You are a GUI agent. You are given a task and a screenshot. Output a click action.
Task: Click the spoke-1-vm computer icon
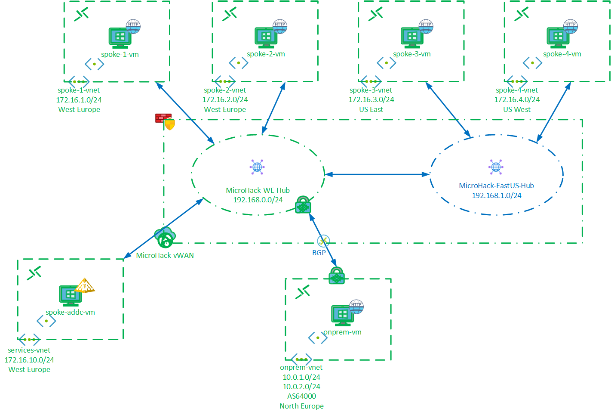tap(120, 38)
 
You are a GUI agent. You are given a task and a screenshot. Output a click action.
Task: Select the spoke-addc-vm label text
tap(71, 313)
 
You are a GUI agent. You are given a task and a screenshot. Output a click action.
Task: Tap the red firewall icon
tap(163, 118)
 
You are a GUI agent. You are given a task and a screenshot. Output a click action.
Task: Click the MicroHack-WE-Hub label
tap(258, 190)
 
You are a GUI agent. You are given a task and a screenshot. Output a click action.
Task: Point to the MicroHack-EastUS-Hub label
tap(496, 186)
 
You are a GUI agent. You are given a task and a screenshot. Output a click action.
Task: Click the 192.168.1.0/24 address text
tap(496, 196)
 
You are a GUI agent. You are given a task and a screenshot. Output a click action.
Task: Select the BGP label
tap(319, 253)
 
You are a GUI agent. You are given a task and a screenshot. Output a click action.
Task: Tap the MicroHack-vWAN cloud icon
tap(165, 237)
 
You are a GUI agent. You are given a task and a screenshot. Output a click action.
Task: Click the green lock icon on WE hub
tap(303, 205)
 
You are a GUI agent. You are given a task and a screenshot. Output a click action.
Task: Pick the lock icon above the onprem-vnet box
tap(336, 276)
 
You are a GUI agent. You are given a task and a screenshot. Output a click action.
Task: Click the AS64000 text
tap(301, 396)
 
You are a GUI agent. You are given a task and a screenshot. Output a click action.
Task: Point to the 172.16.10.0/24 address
tap(29, 360)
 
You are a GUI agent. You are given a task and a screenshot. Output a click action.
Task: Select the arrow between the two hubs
tap(377, 174)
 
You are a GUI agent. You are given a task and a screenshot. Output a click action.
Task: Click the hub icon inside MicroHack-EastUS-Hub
tap(496, 167)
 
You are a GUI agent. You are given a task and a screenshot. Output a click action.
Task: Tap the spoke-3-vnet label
tap(371, 90)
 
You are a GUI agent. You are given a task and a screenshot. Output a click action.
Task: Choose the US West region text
tap(516, 110)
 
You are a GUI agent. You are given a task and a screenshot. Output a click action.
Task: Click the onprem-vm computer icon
tap(342, 316)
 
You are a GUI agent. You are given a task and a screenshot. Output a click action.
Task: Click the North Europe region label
tap(301, 406)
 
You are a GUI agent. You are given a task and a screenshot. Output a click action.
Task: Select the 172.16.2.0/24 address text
tap(225, 100)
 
